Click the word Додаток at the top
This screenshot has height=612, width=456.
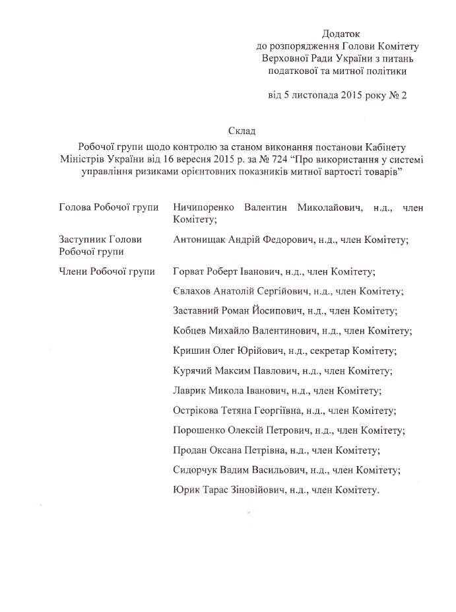[341, 33]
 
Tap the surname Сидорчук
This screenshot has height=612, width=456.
[195, 471]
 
